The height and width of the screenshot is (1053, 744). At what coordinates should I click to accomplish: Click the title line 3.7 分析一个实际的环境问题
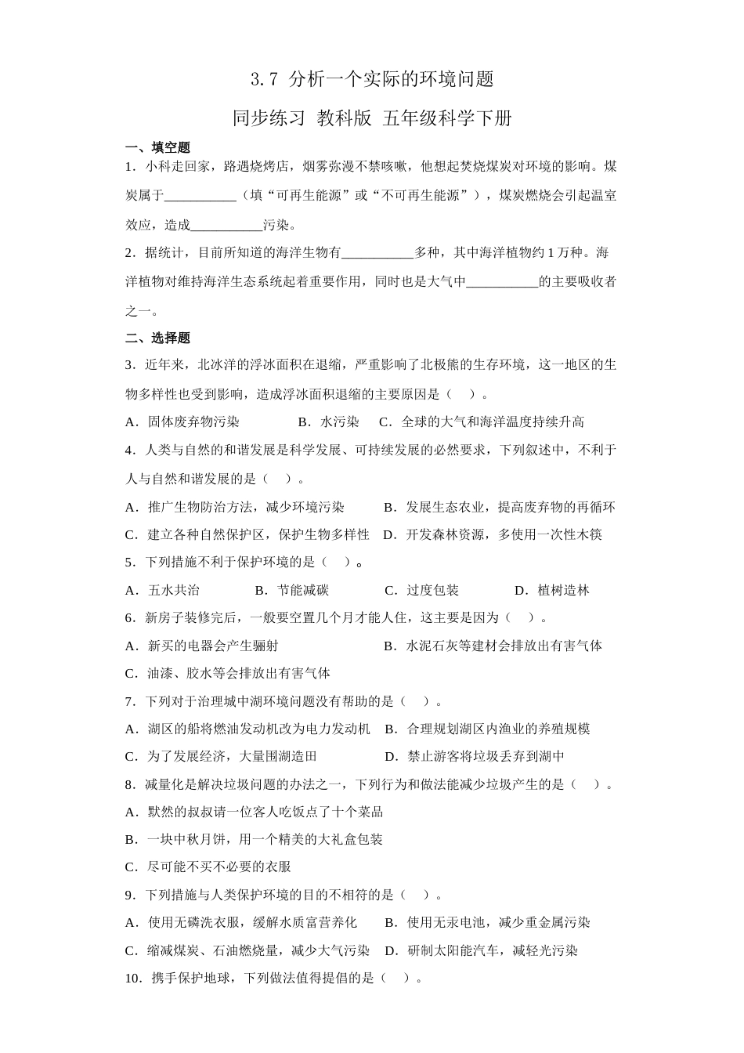coord(372,79)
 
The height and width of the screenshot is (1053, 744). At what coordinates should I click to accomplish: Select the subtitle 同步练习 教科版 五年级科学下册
coord(372,118)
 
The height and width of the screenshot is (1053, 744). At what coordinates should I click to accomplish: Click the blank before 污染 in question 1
coord(226,226)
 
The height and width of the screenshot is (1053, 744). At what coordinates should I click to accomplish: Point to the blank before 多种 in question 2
coord(377,253)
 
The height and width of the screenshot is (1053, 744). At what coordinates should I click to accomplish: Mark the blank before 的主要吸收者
coord(502,282)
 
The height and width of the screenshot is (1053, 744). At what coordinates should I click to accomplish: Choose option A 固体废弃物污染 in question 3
coord(182,422)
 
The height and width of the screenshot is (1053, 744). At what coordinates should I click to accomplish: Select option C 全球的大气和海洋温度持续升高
coord(482,422)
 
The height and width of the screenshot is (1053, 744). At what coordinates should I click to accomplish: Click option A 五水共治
coord(163,591)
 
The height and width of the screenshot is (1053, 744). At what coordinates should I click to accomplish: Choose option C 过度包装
coord(422,591)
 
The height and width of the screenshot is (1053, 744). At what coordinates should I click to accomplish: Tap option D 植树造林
coord(552,591)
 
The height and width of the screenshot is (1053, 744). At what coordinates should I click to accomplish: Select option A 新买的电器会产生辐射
coord(202,646)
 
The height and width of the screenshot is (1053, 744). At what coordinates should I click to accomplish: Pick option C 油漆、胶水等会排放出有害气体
coord(228,674)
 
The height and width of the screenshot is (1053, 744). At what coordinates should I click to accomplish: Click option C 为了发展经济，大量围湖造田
coord(222,757)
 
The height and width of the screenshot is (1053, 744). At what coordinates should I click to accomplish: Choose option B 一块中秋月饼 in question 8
coord(254,840)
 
